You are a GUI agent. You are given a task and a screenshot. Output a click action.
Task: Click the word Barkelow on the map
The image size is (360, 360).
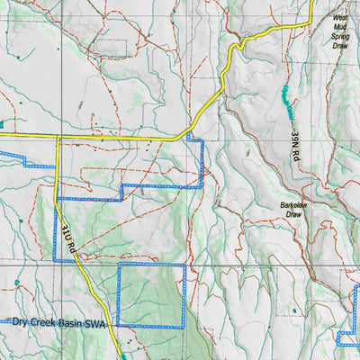pos(297,205)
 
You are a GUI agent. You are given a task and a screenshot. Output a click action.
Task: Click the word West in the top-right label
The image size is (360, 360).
pos(340,17)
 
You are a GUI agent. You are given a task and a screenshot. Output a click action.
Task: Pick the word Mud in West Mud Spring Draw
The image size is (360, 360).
pos(340,27)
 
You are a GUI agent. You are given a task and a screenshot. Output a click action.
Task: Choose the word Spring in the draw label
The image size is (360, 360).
pos(340,37)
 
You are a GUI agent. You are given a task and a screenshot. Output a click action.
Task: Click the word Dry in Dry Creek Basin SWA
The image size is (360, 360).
pos(21,321)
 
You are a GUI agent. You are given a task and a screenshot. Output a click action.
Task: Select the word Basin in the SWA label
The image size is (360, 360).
pos(73,321)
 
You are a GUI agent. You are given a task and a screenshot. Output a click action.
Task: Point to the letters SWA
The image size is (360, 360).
pos(97,321)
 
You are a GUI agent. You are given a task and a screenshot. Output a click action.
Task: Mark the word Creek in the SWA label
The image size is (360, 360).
pos(46,321)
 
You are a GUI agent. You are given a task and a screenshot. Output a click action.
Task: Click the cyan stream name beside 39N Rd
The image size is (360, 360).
pos(272,109)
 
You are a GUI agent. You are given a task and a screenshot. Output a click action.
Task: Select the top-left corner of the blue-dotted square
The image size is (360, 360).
pos(119,266)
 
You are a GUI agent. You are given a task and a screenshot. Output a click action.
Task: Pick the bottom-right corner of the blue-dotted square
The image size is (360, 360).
pos(184,325)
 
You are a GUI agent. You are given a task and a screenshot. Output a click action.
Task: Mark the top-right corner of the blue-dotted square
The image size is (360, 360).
pos(184,266)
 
